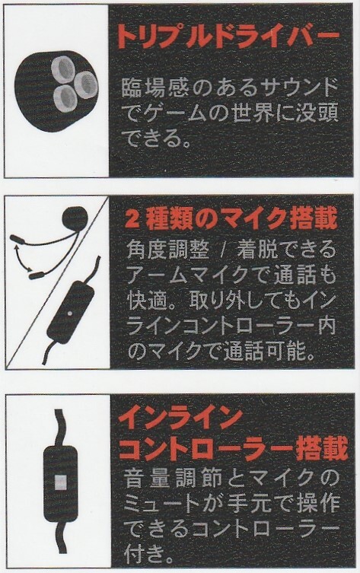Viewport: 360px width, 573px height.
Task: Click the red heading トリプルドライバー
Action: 228,37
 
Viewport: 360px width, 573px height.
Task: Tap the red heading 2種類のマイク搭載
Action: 231,219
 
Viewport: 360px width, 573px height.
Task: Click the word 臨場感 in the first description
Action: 152,89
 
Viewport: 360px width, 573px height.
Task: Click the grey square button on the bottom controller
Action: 61,482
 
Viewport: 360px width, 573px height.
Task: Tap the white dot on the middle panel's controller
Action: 70,314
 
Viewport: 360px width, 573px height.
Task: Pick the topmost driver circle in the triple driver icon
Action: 63,68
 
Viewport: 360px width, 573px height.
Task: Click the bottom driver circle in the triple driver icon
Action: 65,97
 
